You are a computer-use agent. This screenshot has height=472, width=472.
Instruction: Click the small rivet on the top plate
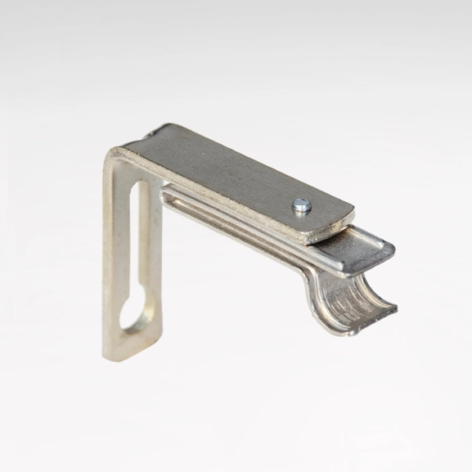(x=302, y=205)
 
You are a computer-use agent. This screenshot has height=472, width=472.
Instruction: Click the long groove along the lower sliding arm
(x=245, y=228)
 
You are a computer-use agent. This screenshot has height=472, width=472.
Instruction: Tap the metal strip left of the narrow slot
(x=115, y=245)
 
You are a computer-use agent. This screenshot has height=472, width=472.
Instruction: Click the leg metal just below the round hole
(x=133, y=341)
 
